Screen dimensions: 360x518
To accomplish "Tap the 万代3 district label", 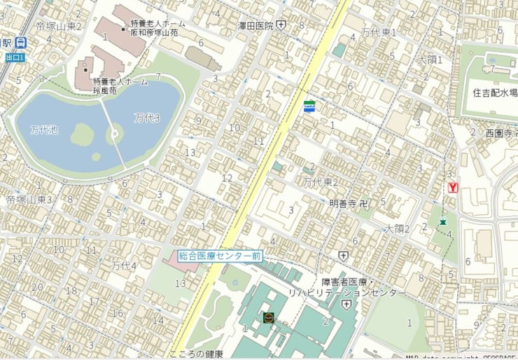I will point(147,118).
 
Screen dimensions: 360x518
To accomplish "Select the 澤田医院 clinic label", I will point(254,25).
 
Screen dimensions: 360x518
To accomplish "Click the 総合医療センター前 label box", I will point(219,256).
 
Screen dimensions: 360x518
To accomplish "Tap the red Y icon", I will point(453,188).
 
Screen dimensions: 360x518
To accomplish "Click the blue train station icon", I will point(22,43).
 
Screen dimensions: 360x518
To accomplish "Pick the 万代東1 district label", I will point(379,32).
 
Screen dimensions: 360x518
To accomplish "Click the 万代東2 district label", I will point(321,182).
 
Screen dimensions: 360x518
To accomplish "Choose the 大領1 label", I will point(430,60).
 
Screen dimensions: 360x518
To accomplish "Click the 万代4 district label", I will point(124,265).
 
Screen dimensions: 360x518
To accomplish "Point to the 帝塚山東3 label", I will point(30,200).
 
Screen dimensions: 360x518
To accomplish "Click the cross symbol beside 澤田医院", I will point(281,25).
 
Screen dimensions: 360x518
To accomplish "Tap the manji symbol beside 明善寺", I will point(363,203).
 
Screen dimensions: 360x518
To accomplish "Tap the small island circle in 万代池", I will point(114,133).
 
